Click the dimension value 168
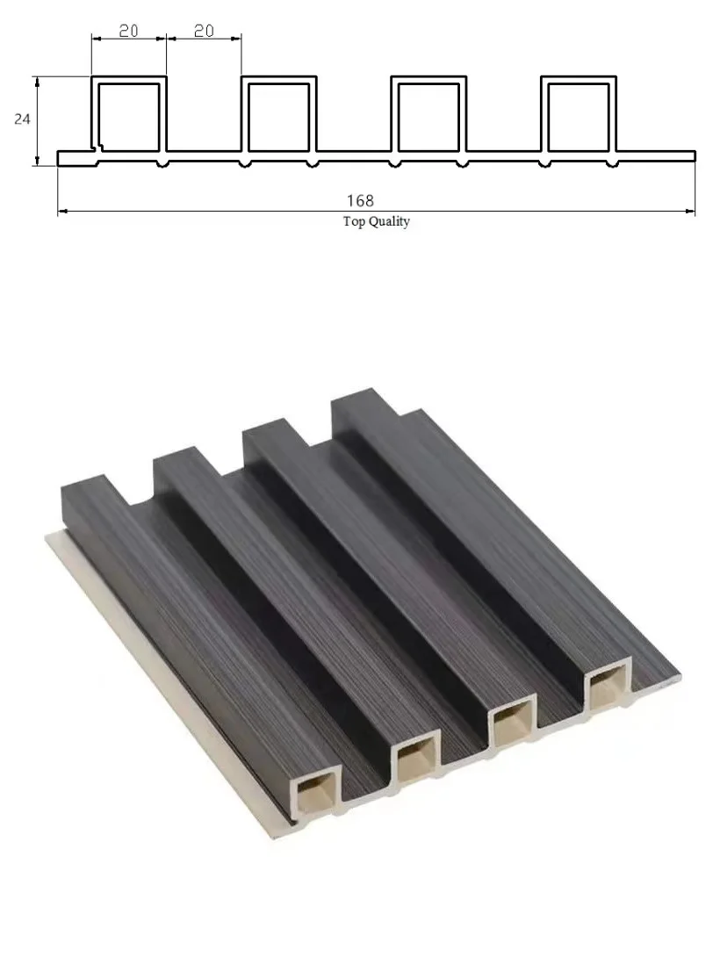359,201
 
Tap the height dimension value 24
22,119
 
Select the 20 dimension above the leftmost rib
128,31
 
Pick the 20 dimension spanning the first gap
204,31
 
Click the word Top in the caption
353,222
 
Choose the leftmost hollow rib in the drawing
129,115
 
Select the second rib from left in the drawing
279,115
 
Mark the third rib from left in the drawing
428,115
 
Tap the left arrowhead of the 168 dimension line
62,212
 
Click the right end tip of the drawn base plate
694,156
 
